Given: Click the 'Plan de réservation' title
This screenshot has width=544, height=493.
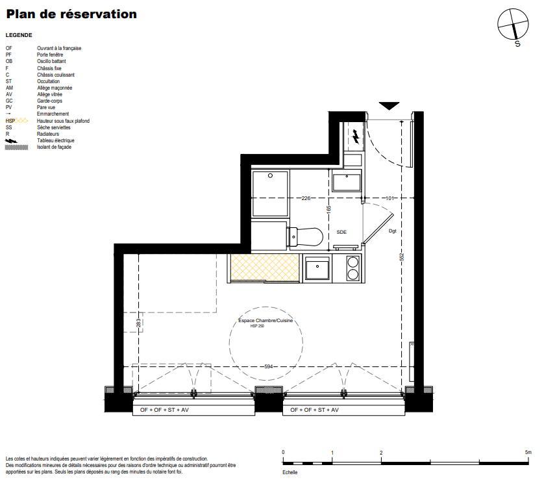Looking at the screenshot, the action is [x=71, y=14].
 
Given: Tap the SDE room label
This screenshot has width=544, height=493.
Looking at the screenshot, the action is [x=341, y=232].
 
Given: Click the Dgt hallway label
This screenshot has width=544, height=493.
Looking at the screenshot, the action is [x=392, y=231].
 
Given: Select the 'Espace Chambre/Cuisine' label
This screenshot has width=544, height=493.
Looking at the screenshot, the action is [x=266, y=320].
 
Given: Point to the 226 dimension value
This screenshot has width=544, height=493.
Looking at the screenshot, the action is [x=306, y=198].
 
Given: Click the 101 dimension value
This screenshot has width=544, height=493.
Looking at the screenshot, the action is [x=390, y=198].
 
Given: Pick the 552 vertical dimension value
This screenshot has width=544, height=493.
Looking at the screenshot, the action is [x=402, y=257].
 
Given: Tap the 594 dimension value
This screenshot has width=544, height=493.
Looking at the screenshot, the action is [x=269, y=366].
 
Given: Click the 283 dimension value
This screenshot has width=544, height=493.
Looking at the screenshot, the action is [x=138, y=323].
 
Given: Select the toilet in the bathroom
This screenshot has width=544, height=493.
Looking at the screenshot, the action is [x=305, y=237].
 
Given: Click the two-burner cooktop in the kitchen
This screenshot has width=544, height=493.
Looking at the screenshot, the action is [x=353, y=268].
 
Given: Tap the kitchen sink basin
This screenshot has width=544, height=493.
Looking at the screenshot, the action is [x=317, y=268].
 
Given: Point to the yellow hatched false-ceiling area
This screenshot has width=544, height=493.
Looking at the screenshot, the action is [x=264, y=267].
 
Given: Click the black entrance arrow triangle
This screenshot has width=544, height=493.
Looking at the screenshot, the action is [x=389, y=105].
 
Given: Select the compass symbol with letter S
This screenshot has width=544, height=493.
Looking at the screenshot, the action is [x=513, y=27].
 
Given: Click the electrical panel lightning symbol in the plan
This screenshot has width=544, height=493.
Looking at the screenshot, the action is [x=356, y=136].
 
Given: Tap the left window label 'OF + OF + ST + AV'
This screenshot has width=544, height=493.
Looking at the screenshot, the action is [x=164, y=410].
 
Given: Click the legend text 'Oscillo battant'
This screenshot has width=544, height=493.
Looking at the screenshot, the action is [x=51, y=61].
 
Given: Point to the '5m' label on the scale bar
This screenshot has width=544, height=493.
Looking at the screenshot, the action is [x=528, y=452].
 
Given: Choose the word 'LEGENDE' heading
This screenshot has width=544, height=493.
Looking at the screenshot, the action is [x=19, y=35].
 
